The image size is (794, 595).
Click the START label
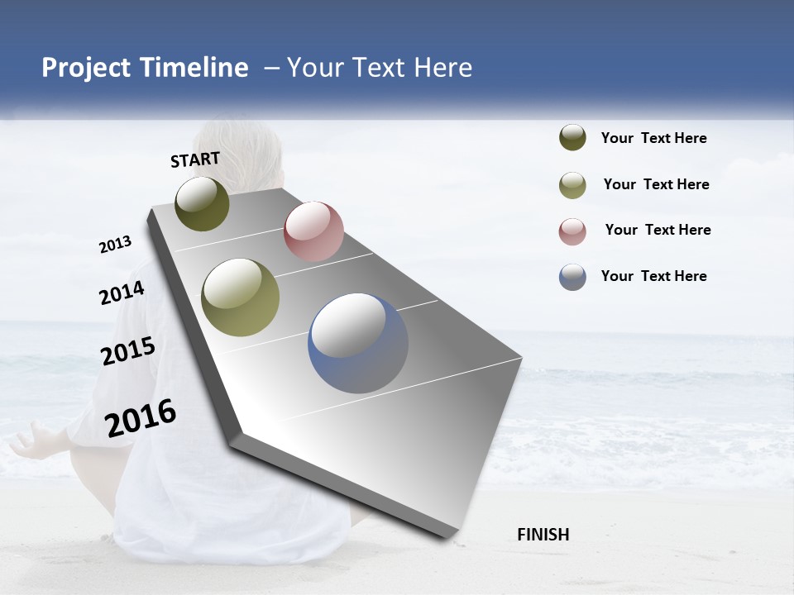pyautogui.click(x=195, y=159)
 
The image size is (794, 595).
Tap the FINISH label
pyautogui.click(x=543, y=535)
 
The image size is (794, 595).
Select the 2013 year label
pyautogui.click(x=116, y=245)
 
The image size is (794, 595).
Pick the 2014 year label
pyautogui.click(x=122, y=293)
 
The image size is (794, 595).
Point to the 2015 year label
pyautogui.click(x=128, y=351)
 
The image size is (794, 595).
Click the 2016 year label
pyautogui.click(x=141, y=418)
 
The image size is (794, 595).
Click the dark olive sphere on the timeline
pyautogui.click(x=202, y=203)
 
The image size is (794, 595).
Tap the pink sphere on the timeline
pyautogui.click(x=313, y=231)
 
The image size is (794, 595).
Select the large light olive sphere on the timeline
pyautogui.click(x=240, y=297)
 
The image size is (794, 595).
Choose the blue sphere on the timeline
pyautogui.click(x=358, y=343)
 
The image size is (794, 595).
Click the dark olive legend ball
pyautogui.click(x=572, y=138)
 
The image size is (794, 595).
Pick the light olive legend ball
pyautogui.click(x=572, y=185)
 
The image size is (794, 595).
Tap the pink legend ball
pyautogui.click(x=572, y=231)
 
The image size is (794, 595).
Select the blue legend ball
pyautogui.click(x=572, y=277)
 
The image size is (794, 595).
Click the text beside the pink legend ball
pyautogui.click(x=658, y=230)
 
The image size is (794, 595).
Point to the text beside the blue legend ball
pyautogui.click(x=653, y=276)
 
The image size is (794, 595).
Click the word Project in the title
pyautogui.click(x=86, y=68)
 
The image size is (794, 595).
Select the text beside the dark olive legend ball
pyautogui.click(x=653, y=138)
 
